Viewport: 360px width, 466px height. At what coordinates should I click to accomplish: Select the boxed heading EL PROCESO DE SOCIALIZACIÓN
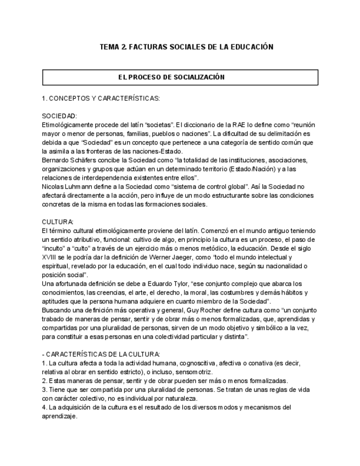click(x=180, y=77)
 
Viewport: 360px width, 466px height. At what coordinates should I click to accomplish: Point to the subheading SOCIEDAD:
click(x=59, y=116)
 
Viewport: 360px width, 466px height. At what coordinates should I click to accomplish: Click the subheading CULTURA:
click(x=58, y=221)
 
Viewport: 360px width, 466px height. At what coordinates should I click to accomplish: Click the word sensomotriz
click(x=186, y=373)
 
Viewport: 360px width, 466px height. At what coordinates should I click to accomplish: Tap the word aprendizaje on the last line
click(x=59, y=417)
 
